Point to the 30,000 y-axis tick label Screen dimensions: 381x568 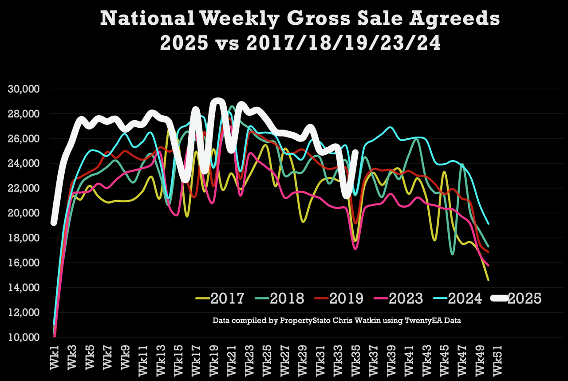point(24,89)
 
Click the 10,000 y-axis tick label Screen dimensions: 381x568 point(24,338)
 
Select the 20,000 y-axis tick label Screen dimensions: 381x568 point(24,213)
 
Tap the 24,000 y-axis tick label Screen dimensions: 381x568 point(24,164)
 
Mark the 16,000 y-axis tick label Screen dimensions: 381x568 point(24,263)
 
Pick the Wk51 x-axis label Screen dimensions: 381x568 point(497,360)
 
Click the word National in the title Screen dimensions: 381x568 point(148,20)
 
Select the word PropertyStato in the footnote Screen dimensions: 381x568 point(291,320)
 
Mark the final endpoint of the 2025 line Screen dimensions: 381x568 point(355,152)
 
